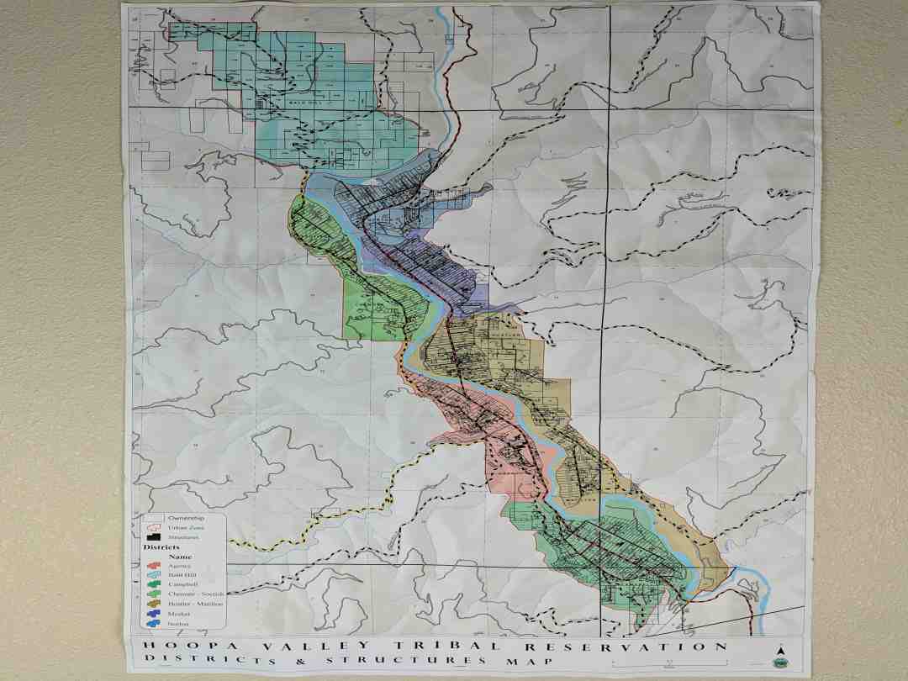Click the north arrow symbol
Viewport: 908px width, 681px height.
pyautogui.click(x=779, y=651)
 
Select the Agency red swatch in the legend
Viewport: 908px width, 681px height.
pyautogui.click(x=154, y=566)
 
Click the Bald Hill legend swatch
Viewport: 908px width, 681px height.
pyautogui.click(x=154, y=574)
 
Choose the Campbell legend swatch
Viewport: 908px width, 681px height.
pyautogui.click(x=154, y=583)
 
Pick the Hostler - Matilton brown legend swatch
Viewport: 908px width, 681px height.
pyautogui.click(x=154, y=604)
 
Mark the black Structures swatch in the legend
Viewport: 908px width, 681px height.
pyautogui.click(x=154, y=536)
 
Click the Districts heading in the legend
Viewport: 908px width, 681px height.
pyautogui.click(x=161, y=547)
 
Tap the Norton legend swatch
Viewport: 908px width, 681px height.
pyautogui.click(x=154, y=624)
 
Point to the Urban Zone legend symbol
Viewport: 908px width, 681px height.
pyautogui.click(x=154, y=528)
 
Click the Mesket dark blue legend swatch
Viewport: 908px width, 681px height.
pyautogui.click(x=154, y=614)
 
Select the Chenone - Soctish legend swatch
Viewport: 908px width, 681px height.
pyautogui.click(x=154, y=594)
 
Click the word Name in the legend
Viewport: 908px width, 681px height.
pyautogui.click(x=180, y=557)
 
